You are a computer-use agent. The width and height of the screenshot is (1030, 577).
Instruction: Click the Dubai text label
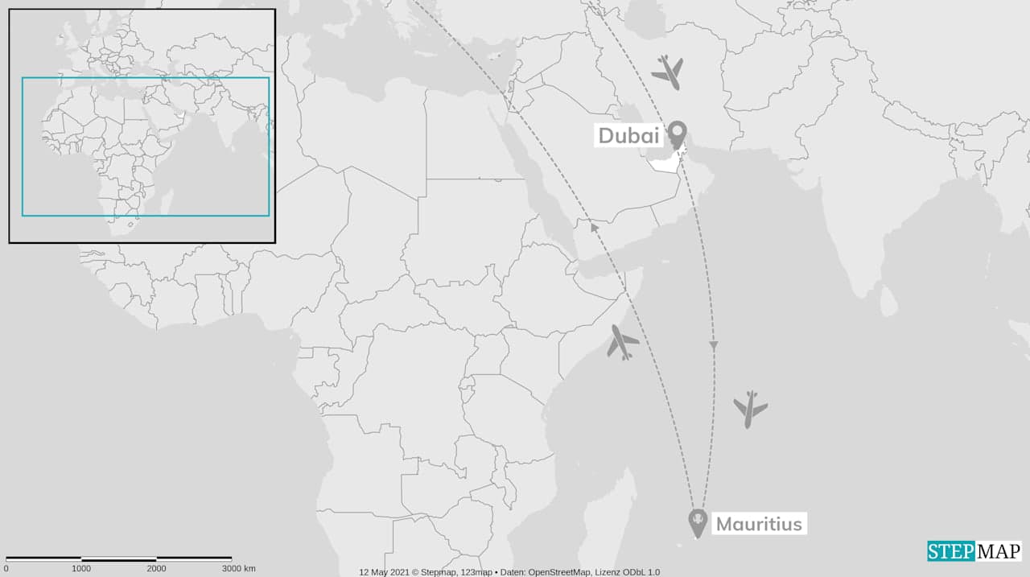tap(628, 135)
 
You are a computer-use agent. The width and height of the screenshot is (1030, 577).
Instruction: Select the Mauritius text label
tap(758, 524)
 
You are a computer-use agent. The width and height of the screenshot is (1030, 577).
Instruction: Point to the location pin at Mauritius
tap(697, 522)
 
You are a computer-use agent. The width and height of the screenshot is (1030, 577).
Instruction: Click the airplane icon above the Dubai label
tap(668, 72)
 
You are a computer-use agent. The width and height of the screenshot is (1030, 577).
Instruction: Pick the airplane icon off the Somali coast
tap(622, 342)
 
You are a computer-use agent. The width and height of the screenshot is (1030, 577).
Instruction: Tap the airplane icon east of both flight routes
tap(750, 409)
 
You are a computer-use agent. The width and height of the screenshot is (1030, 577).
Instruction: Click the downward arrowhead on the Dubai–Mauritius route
tap(713, 345)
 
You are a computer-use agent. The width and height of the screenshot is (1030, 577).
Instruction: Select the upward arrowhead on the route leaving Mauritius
tap(594, 228)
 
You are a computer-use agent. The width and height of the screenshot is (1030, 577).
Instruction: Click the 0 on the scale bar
tap(6, 569)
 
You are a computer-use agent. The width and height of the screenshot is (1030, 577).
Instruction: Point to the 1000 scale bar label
tap(81, 569)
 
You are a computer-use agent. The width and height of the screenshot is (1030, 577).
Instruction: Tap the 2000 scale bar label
tap(156, 569)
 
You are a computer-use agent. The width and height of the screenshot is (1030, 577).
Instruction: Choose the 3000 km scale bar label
tap(238, 569)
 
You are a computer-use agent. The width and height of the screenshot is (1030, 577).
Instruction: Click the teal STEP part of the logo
tap(950, 551)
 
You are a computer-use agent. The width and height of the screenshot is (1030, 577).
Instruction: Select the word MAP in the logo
tap(998, 551)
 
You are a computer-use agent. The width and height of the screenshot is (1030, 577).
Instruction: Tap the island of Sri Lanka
tap(888, 302)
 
